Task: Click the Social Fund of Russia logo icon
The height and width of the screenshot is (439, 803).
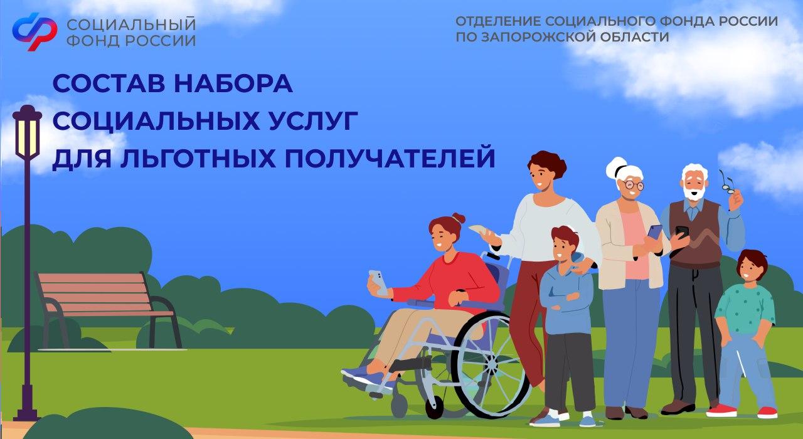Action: click(x=35, y=31)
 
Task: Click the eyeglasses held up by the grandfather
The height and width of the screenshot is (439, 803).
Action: click(x=726, y=182)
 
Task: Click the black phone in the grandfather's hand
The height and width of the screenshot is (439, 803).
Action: click(x=682, y=232)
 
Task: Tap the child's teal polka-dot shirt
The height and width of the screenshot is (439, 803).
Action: click(x=746, y=307)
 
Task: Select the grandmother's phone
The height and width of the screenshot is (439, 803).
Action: click(x=654, y=233)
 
